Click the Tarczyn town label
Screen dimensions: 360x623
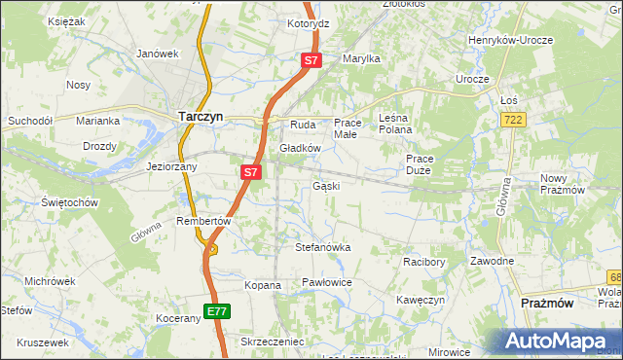pos(202,116)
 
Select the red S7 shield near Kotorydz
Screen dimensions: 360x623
pos(311,60)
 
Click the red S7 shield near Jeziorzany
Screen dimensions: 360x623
pos(250,172)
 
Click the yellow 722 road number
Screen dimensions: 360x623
pos(514,119)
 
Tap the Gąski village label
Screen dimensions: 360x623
pos(326,186)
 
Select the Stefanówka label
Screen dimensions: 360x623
pos(322,247)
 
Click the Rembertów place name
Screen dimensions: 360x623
pos(203,221)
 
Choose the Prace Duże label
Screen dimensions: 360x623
pos(420,163)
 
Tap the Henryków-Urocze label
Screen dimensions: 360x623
pos(510,40)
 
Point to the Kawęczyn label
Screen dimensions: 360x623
pos(421,300)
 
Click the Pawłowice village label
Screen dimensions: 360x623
pos(326,282)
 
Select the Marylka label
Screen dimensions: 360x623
pos(360,58)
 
